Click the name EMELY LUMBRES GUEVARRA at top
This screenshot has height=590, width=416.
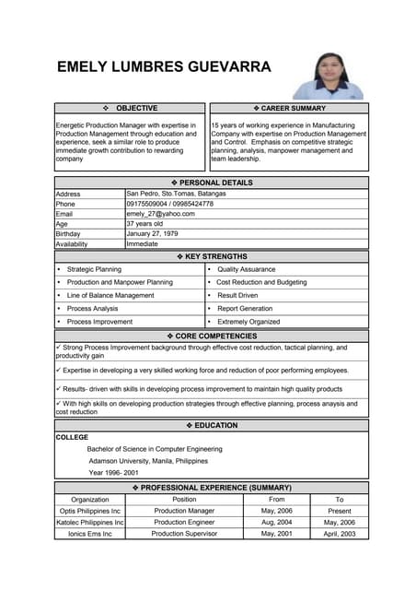click(x=164, y=67)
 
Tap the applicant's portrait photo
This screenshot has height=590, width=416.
click(x=329, y=76)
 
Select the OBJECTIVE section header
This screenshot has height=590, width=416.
click(x=130, y=109)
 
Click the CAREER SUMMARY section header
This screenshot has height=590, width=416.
click(x=289, y=109)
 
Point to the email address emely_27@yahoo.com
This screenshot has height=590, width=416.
click(x=160, y=213)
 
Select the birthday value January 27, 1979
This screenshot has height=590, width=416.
click(x=155, y=233)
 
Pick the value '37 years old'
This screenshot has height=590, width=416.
click(x=144, y=223)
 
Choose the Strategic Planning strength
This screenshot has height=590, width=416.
click(x=94, y=269)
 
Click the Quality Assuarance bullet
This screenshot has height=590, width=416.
click(x=246, y=269)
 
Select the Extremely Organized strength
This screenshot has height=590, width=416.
click(x=248, y=322)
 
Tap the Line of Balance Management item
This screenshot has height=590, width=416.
click(x=110, y=295)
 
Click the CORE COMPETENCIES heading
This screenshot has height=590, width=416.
click(x=211, y=336)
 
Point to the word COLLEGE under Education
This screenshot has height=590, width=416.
click(x=73, y=437)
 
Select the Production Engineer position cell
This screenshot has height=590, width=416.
click(x=184, y=522)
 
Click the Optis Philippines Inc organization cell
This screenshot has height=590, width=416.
click(x=90, y=511)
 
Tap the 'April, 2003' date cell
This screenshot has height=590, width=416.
click(x=339, y=534)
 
